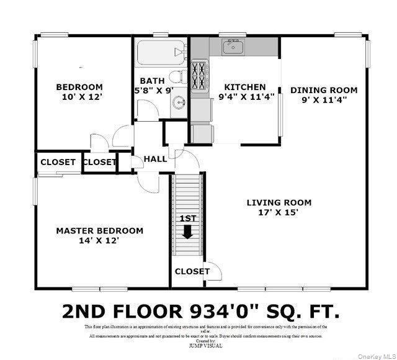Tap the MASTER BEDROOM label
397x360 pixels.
pos(99,230)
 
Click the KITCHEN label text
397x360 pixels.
pos(245,87)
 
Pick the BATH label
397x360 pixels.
pos(151,81)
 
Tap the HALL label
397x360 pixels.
pos(155,159)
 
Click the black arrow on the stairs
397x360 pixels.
pos(187,232)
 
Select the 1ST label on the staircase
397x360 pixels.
pos(187,218)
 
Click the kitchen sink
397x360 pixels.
pos(234,47)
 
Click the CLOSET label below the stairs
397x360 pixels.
pos(192,271)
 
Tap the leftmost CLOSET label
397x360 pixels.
pos(58,162)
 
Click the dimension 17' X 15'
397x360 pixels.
pos(279,212)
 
